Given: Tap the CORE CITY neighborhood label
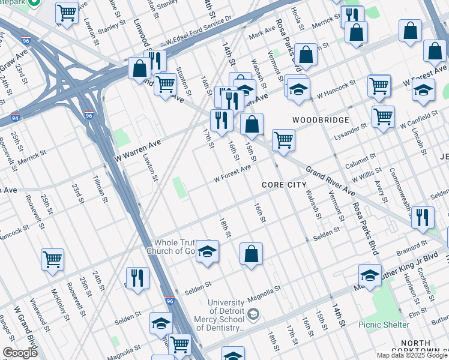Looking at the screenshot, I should tap(285, 185).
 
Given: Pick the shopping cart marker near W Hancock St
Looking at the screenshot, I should tap(379, 85).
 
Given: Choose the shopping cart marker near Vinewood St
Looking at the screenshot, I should tap(52, 259).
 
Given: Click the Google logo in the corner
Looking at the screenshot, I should tap(20, 353).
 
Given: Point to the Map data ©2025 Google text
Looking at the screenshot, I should tap(412, 355).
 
